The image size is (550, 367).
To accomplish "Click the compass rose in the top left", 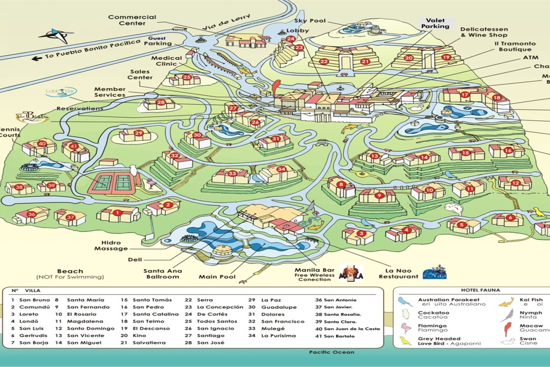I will (55, 35).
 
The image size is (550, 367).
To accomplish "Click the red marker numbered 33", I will (232, 173).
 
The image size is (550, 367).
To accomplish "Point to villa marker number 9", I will (379, 195).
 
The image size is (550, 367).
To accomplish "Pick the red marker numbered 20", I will (408, 58).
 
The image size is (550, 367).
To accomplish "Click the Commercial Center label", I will (126, 20).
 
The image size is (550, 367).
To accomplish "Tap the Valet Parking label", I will (435, 23).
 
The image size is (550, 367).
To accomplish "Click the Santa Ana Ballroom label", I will (162, 274).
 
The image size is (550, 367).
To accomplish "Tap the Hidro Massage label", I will (111, 245).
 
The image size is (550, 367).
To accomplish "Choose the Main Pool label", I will (217, 277).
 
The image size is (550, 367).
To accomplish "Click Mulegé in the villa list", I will (272, 328).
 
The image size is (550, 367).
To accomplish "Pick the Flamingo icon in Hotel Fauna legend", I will (405, 328).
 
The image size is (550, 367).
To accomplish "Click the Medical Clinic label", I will (167, 61).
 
